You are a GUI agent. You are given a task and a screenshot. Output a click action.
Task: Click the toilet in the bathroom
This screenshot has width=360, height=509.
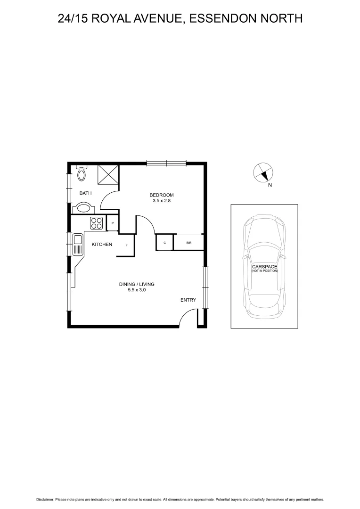click(82, 174)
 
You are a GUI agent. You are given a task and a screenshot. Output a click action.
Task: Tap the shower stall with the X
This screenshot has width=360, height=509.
click(108, 175)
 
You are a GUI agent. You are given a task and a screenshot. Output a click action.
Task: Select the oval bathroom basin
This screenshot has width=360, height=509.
click(84, 208)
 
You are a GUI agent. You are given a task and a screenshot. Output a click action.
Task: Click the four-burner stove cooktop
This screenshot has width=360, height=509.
click(97, 222)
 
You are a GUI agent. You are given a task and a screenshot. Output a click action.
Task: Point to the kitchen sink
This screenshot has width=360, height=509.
click(78, 244)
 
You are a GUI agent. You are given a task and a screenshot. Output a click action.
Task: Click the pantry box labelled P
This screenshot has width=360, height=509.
click(113, 223)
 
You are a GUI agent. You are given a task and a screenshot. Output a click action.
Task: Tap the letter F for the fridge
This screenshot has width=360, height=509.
click(126, 246)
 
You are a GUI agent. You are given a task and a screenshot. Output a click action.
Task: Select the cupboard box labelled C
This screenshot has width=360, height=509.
click(164, 242)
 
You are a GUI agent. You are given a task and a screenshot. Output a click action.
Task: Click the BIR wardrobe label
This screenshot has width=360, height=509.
click(188, 242)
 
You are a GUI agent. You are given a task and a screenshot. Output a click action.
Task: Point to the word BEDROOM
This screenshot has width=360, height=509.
click(162, 195)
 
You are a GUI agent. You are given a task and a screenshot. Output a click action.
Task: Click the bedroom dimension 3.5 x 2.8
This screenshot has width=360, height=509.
click(161, 201)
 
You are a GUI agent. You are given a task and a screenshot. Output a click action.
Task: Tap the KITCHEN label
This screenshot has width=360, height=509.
click(102, 244)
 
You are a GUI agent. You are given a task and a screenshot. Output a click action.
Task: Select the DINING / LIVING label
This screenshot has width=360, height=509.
click(137, 284)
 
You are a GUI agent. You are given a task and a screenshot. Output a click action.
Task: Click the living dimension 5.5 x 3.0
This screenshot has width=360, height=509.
click(137, 290)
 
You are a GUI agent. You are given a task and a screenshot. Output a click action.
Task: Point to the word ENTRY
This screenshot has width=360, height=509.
click(188, 300)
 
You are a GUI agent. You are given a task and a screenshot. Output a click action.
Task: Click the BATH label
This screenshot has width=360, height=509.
click(85, 193)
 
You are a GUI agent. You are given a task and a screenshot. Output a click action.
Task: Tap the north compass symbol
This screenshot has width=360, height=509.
click(263, 173)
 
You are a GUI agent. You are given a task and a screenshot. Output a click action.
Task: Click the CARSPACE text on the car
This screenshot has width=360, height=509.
click(264, 267)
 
